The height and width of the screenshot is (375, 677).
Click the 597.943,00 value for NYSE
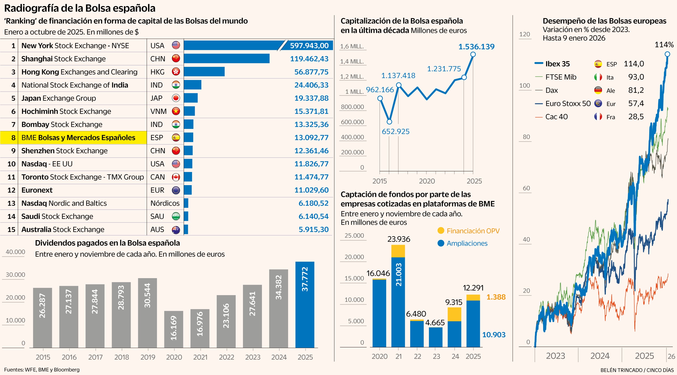[x=309, y=46]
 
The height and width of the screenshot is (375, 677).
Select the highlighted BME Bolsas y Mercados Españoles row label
[x=78, y=137]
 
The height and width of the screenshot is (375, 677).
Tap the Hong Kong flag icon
[x=176, y=72]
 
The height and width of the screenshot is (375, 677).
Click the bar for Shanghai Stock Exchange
[x=226, y=59]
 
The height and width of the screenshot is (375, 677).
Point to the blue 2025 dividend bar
[x=305, y=304]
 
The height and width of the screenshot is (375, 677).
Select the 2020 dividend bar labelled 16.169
[x=174, y=329]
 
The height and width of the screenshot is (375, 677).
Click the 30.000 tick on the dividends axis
[x=15, y=275]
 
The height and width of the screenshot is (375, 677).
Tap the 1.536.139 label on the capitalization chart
[x=476, y=47]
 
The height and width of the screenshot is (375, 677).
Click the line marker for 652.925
[x=389, y=122]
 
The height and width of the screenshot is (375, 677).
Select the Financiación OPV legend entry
[x=468, y=231]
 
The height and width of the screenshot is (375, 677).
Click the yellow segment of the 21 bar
[x=398, y=251]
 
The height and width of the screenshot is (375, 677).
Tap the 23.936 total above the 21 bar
[x=399, y=239]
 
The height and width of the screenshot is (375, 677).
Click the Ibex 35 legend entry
[x=557, y=64]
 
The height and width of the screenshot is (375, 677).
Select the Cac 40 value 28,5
[x=636, y=116]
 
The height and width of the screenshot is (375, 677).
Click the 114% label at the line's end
[x=664, y=45]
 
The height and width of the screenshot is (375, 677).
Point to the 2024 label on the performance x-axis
[x=600, y=356]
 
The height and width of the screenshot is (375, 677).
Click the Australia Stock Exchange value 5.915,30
[x=313, y=229]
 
